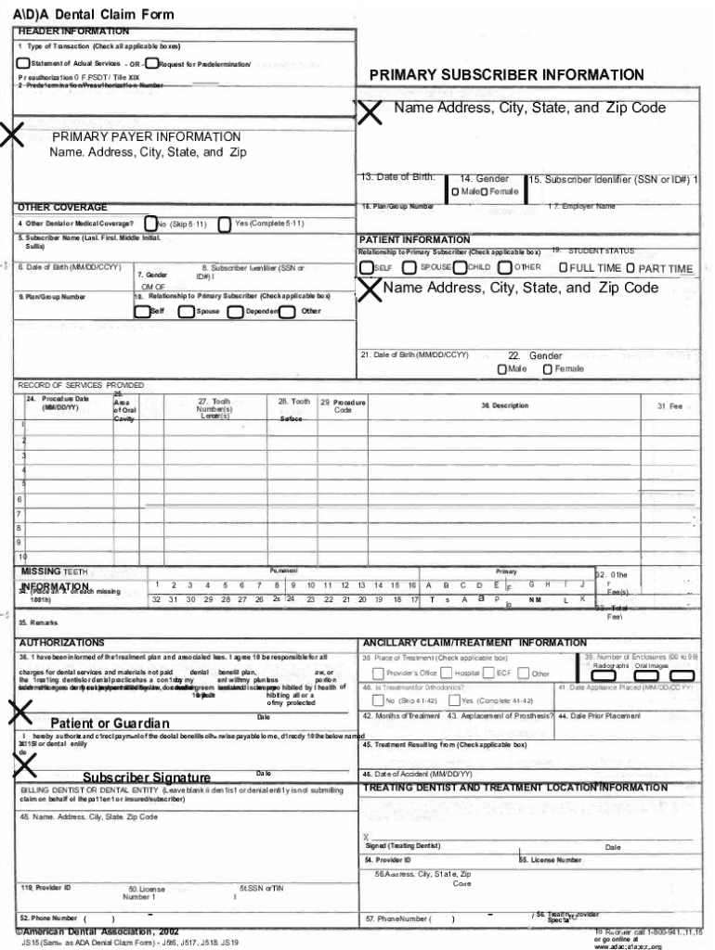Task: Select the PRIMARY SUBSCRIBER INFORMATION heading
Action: (x=506, y=75)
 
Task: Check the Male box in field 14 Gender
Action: (x=455, y=191)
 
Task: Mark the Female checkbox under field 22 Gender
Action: (x=548, y=369)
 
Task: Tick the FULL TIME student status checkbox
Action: (x=564, y=268)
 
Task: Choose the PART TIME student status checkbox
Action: (x=630, y=268)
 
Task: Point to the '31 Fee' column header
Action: (x=669, y=406)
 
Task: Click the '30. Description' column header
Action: (x=504, y=406)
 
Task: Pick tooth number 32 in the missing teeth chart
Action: (x=157, y=600)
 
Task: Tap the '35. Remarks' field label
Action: (x=38, y=623)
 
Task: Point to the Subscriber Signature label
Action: (x=147, y=777)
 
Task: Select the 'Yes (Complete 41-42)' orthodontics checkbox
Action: (x=455, y=700)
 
